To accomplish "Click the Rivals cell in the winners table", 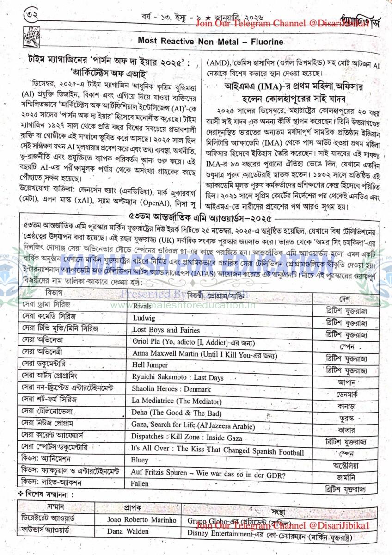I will pos(142,306).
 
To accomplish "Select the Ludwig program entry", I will pos(144,318).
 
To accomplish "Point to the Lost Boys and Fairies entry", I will pos(166,330).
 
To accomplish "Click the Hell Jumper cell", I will pos(150,365).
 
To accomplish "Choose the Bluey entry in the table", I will pos(140,460).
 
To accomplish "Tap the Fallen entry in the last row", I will pos(140,484).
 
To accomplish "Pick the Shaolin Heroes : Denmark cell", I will pos(171,389).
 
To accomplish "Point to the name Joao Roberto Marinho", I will pos(141,520).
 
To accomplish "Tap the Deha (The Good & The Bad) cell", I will pos(177,413).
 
